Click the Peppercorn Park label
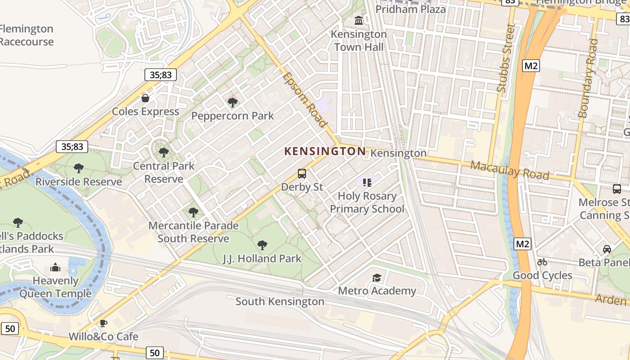[x=232, y=116]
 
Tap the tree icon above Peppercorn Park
[x=233, y=103]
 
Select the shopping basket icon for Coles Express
[x=145, y=98]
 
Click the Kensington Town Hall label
[x=359, y=40]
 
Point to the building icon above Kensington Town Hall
[x=359, y=21]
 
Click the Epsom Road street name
[x=305, y=100]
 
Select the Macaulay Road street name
[x=509, y=170]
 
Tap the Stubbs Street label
[x=505, y=58]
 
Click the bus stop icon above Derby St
[x=302, y=174]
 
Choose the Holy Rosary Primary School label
[x=367, y=202]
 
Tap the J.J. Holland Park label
[x=262, y=259]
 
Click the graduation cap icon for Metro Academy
[x=377, y=278]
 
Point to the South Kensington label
[x=279, y=301]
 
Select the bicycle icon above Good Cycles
[x=542, y=262]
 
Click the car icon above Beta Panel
[x=607, y=249]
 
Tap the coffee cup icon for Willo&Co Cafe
[x=103, y=323]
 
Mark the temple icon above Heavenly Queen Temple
[x=55, y=268]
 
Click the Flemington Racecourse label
[x=27, y=35]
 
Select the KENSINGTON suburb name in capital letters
[x=325, y=152]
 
